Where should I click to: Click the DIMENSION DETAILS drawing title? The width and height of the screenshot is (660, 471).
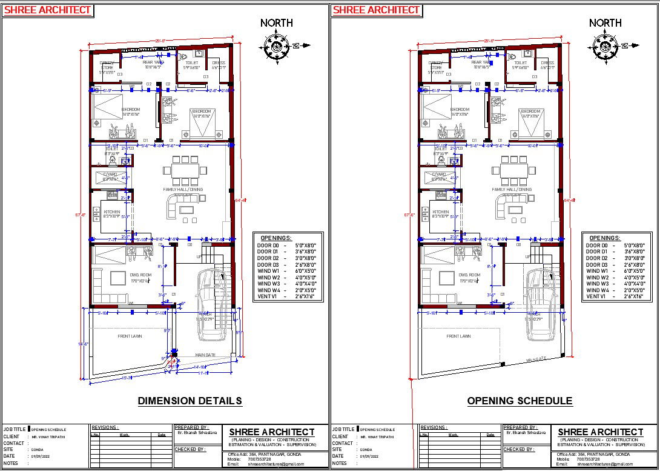pos(190,401)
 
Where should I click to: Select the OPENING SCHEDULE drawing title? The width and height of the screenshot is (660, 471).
pos(519,401)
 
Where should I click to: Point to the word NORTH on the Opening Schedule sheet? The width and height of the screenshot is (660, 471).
pos(605,23)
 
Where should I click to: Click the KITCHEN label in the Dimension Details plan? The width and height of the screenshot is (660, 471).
pos(112,212)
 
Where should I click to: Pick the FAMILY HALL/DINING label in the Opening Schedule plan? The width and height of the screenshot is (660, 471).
pos(512,189)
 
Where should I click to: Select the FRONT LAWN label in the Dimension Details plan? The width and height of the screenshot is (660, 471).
pos(130,336)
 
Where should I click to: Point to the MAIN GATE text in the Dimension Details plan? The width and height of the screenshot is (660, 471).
pos(205,355)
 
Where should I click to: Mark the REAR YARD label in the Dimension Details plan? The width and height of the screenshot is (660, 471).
pos(153,62)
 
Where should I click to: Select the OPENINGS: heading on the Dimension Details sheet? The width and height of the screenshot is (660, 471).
pos(276,238)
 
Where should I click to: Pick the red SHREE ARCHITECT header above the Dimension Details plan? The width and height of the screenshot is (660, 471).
pos(48,10)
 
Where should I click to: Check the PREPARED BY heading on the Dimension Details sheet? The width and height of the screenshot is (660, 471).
pos(192,427)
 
